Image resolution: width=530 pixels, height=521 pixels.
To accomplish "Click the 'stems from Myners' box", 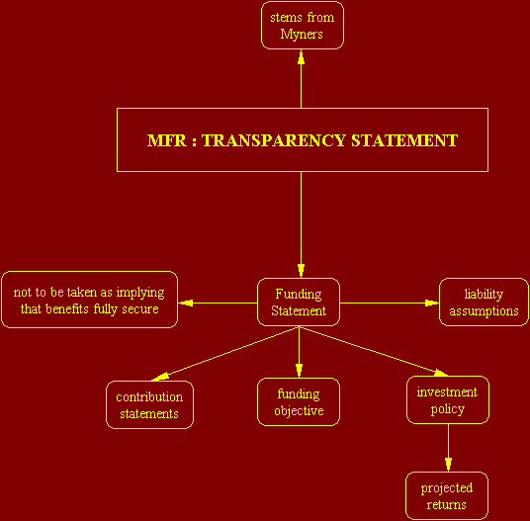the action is coord(303,26).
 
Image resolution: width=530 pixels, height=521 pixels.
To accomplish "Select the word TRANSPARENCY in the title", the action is coord(274,140).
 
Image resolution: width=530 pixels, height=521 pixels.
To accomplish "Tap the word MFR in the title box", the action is coord(167,140).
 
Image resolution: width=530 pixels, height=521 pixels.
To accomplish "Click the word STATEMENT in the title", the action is coord(404,140).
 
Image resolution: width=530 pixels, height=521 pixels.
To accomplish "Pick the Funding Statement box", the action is coord(299,303).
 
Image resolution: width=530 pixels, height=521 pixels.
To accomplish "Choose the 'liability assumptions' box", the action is coord(484,303).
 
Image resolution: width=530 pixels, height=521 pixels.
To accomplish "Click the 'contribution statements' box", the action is coord(149,404).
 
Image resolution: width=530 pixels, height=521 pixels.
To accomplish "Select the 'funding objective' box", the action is coord(299,401).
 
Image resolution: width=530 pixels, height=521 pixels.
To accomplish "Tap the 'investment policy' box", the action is coord(448,399).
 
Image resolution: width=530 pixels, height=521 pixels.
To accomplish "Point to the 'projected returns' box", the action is coord(447,495).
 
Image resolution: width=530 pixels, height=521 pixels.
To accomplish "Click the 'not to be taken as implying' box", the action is coord(89,300).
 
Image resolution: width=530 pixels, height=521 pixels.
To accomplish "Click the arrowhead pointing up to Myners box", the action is coord(301,57).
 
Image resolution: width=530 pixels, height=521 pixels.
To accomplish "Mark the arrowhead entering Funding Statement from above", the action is coord(301,271).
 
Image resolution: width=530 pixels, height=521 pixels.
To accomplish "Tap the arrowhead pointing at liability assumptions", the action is coord(432,303).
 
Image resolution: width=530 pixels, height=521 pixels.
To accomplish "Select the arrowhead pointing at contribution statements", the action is coord(159,377).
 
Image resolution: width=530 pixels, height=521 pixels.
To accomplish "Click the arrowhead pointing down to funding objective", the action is coord(299,371).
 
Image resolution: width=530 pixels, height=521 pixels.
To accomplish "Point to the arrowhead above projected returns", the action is coord(448,465).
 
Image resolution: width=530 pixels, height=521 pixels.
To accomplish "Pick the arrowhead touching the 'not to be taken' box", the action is coord(185,303).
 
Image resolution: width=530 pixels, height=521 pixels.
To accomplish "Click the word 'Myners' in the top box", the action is coord(302,35).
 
